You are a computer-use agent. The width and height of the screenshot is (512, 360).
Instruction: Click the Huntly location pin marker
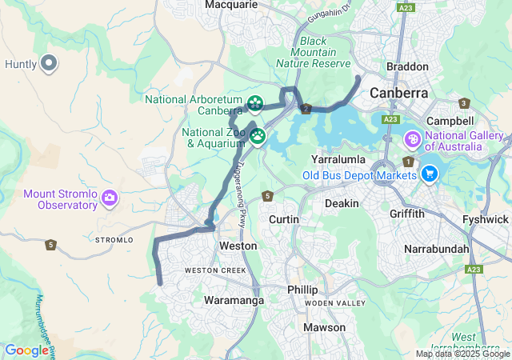coord(49,63)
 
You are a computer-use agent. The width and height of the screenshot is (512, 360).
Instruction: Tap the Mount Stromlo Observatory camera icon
coord(110,197)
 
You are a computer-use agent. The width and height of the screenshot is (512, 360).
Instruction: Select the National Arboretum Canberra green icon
coord(254,103)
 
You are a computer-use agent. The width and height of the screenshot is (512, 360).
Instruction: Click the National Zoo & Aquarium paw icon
coord(258,136)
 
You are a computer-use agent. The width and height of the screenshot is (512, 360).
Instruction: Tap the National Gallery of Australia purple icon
coord(413,141)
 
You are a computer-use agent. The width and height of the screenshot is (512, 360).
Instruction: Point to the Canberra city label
coord(398,94)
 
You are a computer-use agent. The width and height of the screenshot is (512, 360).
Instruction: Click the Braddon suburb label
coord(407,66)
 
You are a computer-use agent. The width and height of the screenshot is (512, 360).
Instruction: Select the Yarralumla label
coord(339,159)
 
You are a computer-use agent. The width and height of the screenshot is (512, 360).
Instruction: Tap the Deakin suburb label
coord(342,203)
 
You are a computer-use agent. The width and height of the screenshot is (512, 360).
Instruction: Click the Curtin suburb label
coord(284,219)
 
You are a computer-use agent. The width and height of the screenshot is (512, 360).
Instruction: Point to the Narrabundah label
coord(437,249)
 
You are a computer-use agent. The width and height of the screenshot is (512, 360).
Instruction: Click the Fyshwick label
coord(486,219)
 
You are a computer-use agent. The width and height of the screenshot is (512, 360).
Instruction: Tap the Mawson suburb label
coord(325,327)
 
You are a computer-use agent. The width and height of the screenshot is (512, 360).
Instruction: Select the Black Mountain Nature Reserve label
coord(314,52)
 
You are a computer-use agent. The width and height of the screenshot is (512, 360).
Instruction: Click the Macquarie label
coord(231,5)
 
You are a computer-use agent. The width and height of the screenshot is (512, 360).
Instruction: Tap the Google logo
coord(26,350)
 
